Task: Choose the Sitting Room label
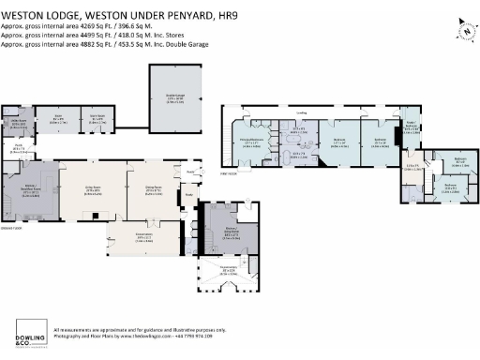(x=94, y=188)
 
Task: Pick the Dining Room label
(x=154, y=188)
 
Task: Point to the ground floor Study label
(x=187, y=194)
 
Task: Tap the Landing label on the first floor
(x=301, y=112)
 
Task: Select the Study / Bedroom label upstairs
(x=410, y=129)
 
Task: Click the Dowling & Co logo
(x=30, y=333)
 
